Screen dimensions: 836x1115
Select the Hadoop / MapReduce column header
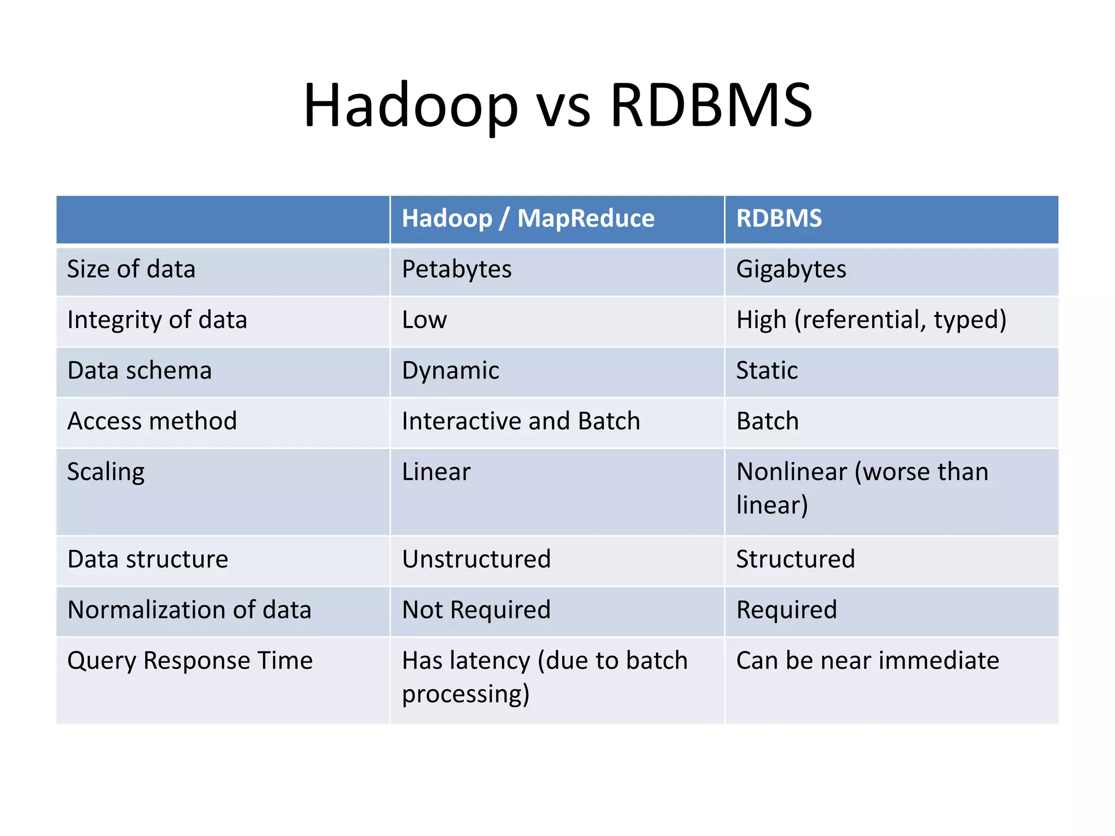point(528,219)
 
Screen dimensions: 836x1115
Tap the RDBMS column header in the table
point(779,219)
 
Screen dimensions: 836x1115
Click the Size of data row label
point(131,269)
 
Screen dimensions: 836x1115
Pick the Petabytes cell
point(456,269)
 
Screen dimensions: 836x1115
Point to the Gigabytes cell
point(791,269)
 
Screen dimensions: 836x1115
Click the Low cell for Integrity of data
point(424,320)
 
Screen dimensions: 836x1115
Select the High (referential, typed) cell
point(871,320)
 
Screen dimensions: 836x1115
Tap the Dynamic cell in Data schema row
point(450,371)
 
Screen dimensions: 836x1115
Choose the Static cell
point(767,371)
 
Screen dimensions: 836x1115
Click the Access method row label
point(152,421)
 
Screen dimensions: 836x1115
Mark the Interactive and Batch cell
point(520,421)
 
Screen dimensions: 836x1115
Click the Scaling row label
point(106,472)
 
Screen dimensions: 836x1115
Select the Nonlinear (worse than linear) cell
point(862,488)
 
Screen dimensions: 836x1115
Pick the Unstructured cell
point(476,560)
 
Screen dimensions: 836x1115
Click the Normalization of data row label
point(189,610)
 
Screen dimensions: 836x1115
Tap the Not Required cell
point(476,610)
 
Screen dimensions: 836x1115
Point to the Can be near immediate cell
point(867,661)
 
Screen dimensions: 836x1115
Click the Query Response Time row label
point(189,661)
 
